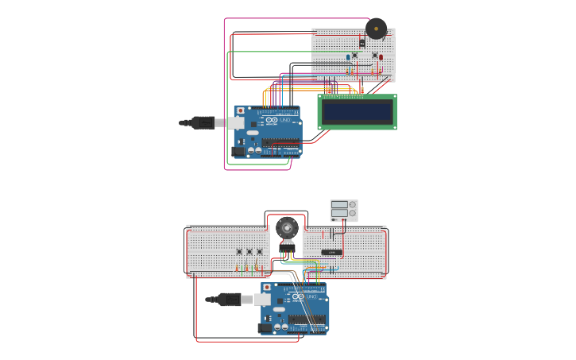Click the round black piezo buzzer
pos(376,29)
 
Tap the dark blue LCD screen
pos(357,112)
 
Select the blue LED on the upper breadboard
pos(348,56)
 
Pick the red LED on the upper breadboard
pos(381,56)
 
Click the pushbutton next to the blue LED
pos(355,55)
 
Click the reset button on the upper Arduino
pos(241,111)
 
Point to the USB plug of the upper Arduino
pos(203,122)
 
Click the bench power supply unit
pos(343,210)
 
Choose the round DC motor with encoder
pos(287,228)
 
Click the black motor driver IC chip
pos(331,252)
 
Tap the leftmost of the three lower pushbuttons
pos(239,252)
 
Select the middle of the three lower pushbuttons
pos(249,252)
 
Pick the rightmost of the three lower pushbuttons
pos(259,252)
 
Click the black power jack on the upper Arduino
pos(238,150)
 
